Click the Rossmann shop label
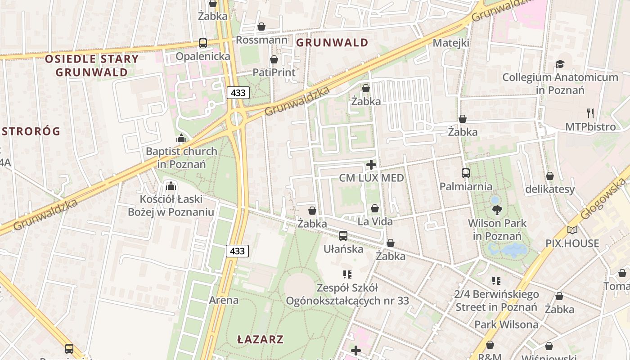coord(261,40)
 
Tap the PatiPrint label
coord(274,72)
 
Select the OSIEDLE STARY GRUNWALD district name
coord(91,65)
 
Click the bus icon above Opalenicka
coord(203,43)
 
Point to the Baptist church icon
coord(181,138)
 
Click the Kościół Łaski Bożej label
coord(171,205)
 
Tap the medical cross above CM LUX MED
coord(371,165)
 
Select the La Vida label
coord(375,221)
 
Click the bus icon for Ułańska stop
coord(343,235)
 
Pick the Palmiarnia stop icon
coord(466,173)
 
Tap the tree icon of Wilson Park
coord(497,210)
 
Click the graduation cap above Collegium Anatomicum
coord(560,64)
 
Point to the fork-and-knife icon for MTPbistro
coord(590,113)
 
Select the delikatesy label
coord(550,189)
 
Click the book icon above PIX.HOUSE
coord(572,230)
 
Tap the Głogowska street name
coord(604,198)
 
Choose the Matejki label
coord(451,43)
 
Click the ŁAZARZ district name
coord(261,339)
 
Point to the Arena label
coord(224,300)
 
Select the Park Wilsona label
coord(506,324)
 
